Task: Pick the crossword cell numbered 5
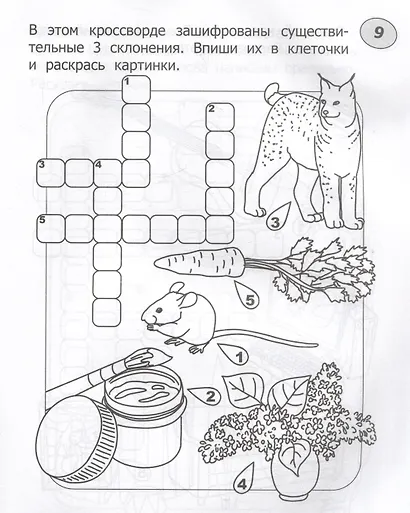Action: (47, 226)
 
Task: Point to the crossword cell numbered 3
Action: (47, 170)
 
